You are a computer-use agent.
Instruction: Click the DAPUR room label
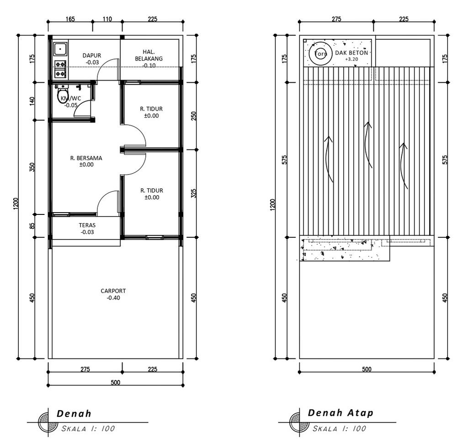[92, 55]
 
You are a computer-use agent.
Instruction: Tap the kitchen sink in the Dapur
[61, 48]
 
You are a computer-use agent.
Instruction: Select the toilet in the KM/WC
[62, 94]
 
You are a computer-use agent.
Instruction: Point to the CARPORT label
[113, 291]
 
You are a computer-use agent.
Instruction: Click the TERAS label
[87, 225]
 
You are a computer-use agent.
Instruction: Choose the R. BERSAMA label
[86, 158]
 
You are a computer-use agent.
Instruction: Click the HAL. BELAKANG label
[149, 55]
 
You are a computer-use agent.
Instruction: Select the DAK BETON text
[351, 53]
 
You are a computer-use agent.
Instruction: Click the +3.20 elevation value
[351, 59]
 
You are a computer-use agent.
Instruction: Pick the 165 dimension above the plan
[70, 19]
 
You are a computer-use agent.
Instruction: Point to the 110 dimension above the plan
[107, 19]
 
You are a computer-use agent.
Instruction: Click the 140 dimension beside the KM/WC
[32, 101]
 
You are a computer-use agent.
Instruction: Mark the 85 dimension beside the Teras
[32, 226]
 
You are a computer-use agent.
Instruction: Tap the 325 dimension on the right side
[193, 193]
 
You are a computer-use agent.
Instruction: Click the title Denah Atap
[340, 413]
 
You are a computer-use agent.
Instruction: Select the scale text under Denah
[88, 429]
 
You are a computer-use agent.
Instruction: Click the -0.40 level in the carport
[113, 298]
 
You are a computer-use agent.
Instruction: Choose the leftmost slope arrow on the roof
[329, 159]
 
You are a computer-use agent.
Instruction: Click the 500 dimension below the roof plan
[367, 369]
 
